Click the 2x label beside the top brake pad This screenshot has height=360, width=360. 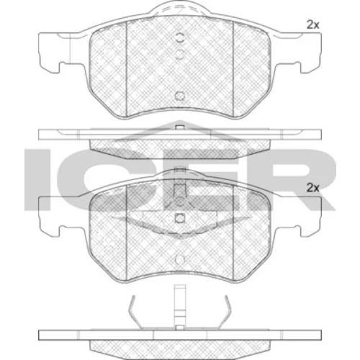pyautogui.click(x=312, y=25)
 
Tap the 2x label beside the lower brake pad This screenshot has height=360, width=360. pyautogui.click(x=312, y=188)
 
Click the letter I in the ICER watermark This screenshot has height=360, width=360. pyautogui.click(x=36, y=179)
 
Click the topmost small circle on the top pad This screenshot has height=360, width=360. pyautogui.click(x=179, y=37)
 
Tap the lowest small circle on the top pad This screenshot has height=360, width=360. pyautogui.click(x=179, y=96)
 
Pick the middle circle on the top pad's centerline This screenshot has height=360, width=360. pyautogui.click(x=179, y=54)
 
